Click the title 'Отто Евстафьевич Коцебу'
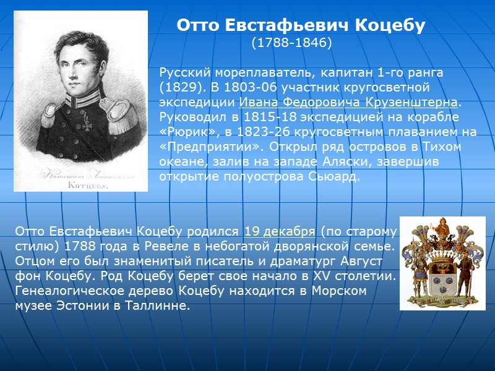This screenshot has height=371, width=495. coord(301,25)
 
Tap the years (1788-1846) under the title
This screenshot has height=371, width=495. coord(291,43)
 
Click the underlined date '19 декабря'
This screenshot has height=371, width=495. coord(280,231)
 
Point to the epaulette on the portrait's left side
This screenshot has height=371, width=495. coord(49,113)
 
